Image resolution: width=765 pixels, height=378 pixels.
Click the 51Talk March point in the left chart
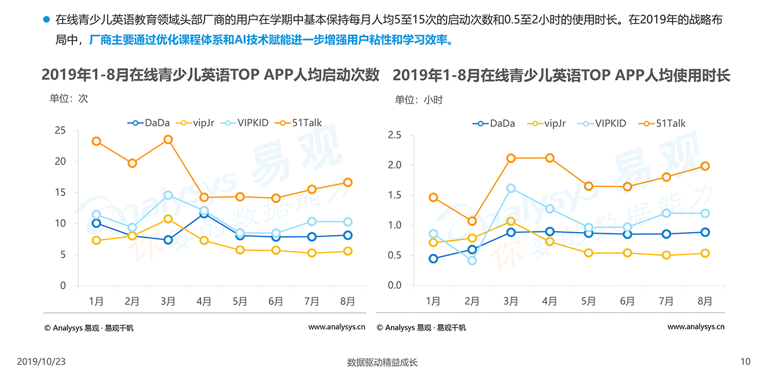coord(168,140)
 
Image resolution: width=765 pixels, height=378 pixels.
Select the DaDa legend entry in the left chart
coord(149,123)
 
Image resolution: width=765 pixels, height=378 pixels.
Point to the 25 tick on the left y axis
coord(60,130)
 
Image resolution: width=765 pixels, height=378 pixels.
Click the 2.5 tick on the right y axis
coord(394,135)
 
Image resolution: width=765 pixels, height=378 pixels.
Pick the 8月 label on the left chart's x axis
coord(347,301)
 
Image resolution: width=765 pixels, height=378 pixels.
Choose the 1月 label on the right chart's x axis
coord(433,301)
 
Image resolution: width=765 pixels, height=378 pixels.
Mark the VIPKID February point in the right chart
coord(472,260)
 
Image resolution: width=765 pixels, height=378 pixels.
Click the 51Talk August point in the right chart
coord(705,166)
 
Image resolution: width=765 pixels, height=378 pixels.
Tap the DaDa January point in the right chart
coord(433,258)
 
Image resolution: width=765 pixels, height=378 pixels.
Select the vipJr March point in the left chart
coord(168,219)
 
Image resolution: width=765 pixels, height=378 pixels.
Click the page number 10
coord(745,361)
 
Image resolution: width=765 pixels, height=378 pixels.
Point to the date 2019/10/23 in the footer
coord(41,361)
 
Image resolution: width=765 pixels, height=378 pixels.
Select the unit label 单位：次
coord(69,99)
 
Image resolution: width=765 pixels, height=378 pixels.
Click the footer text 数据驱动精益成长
coord(382,362)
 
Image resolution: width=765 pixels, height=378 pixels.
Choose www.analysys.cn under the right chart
coord(696,327)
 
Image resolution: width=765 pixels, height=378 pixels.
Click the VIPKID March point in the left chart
coord(168,195)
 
